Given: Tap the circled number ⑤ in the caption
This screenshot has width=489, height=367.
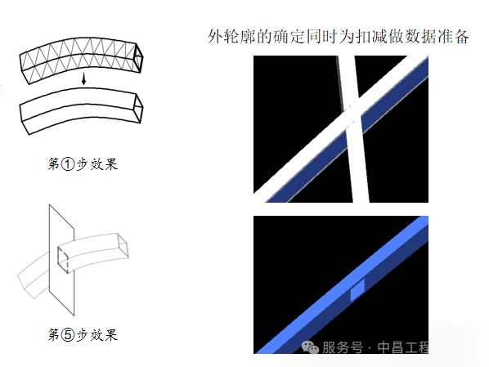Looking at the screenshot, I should (x=70, y=335).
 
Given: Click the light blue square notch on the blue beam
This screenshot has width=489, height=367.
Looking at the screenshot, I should (x=357, y=291).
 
